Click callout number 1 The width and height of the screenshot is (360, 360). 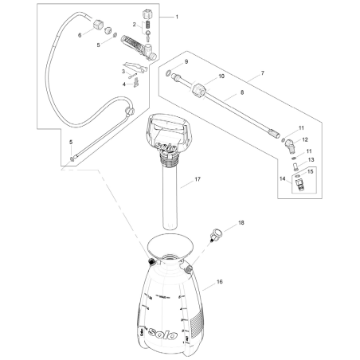tap(177, 18)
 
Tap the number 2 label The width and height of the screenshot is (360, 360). tap(134, 25)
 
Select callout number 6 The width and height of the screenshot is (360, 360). tap(80, 35)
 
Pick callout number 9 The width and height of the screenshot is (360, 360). tap(186, 61)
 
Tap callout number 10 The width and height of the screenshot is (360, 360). tap(221, 76)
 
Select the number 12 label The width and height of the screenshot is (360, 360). tap(305, 139)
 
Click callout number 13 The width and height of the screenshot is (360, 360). tap(311, 159)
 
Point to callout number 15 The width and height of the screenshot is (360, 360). tap(311, 171)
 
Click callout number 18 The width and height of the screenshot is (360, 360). tap(241, 225)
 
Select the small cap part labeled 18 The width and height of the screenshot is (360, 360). tap(214, 236)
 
